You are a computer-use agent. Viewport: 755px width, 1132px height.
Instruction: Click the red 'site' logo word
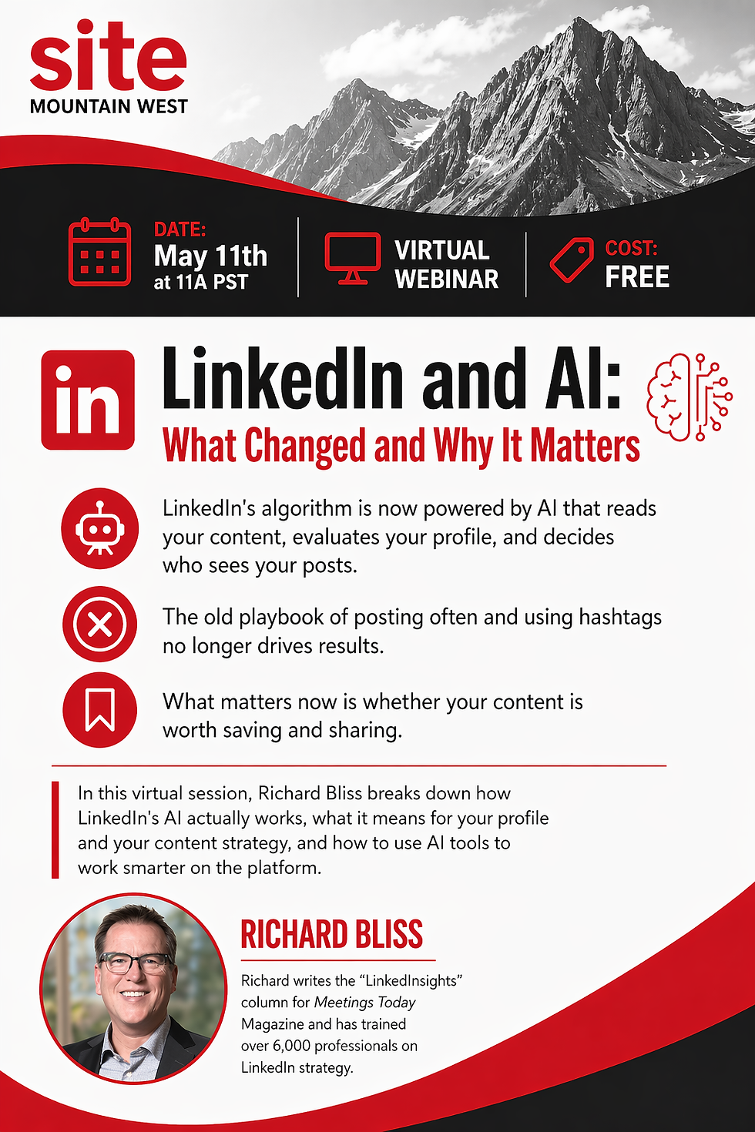pyautogui.click(x=108, y=59)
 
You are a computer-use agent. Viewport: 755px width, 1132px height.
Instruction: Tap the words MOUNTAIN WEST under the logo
pyautogui.click(x=109, y=107)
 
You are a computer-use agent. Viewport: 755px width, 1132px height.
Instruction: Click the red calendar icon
pyautogui.click(x=99, y=252)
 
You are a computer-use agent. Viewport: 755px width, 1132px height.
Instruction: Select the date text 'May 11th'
pyautogui.click(x=210, y=256)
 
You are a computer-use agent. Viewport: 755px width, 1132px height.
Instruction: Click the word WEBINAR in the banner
pyautogui.click(x=446, y=279)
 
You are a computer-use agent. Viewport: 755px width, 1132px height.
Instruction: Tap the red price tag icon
pyautogui.click(x=572, y=260)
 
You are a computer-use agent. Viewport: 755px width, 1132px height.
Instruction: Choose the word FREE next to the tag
pyautogui.click(x=637, y=277)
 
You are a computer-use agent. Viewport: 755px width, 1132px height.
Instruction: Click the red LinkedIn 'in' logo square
pyautogui.click(x=88, y=400)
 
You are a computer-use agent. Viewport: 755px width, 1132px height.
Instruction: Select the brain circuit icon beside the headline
pyautogui.click(x=689, y=397)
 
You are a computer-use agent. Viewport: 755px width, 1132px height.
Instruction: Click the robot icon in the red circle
pyautogui.click(x=100, y=529)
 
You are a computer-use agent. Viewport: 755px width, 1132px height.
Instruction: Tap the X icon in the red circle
pyautogui.click(x=100, y=625)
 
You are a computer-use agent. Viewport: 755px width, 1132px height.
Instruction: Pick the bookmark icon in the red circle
pyautogui.click(x=100, y=710)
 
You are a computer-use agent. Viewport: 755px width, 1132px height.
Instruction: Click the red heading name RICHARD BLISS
pyautogui.click(x=331, y=935)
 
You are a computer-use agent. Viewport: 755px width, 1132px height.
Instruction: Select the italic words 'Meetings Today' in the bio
pyautogui.click(x=364, y=1003)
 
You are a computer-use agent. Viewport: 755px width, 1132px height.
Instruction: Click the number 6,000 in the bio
pyautogui.click(x=291, y=1046)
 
